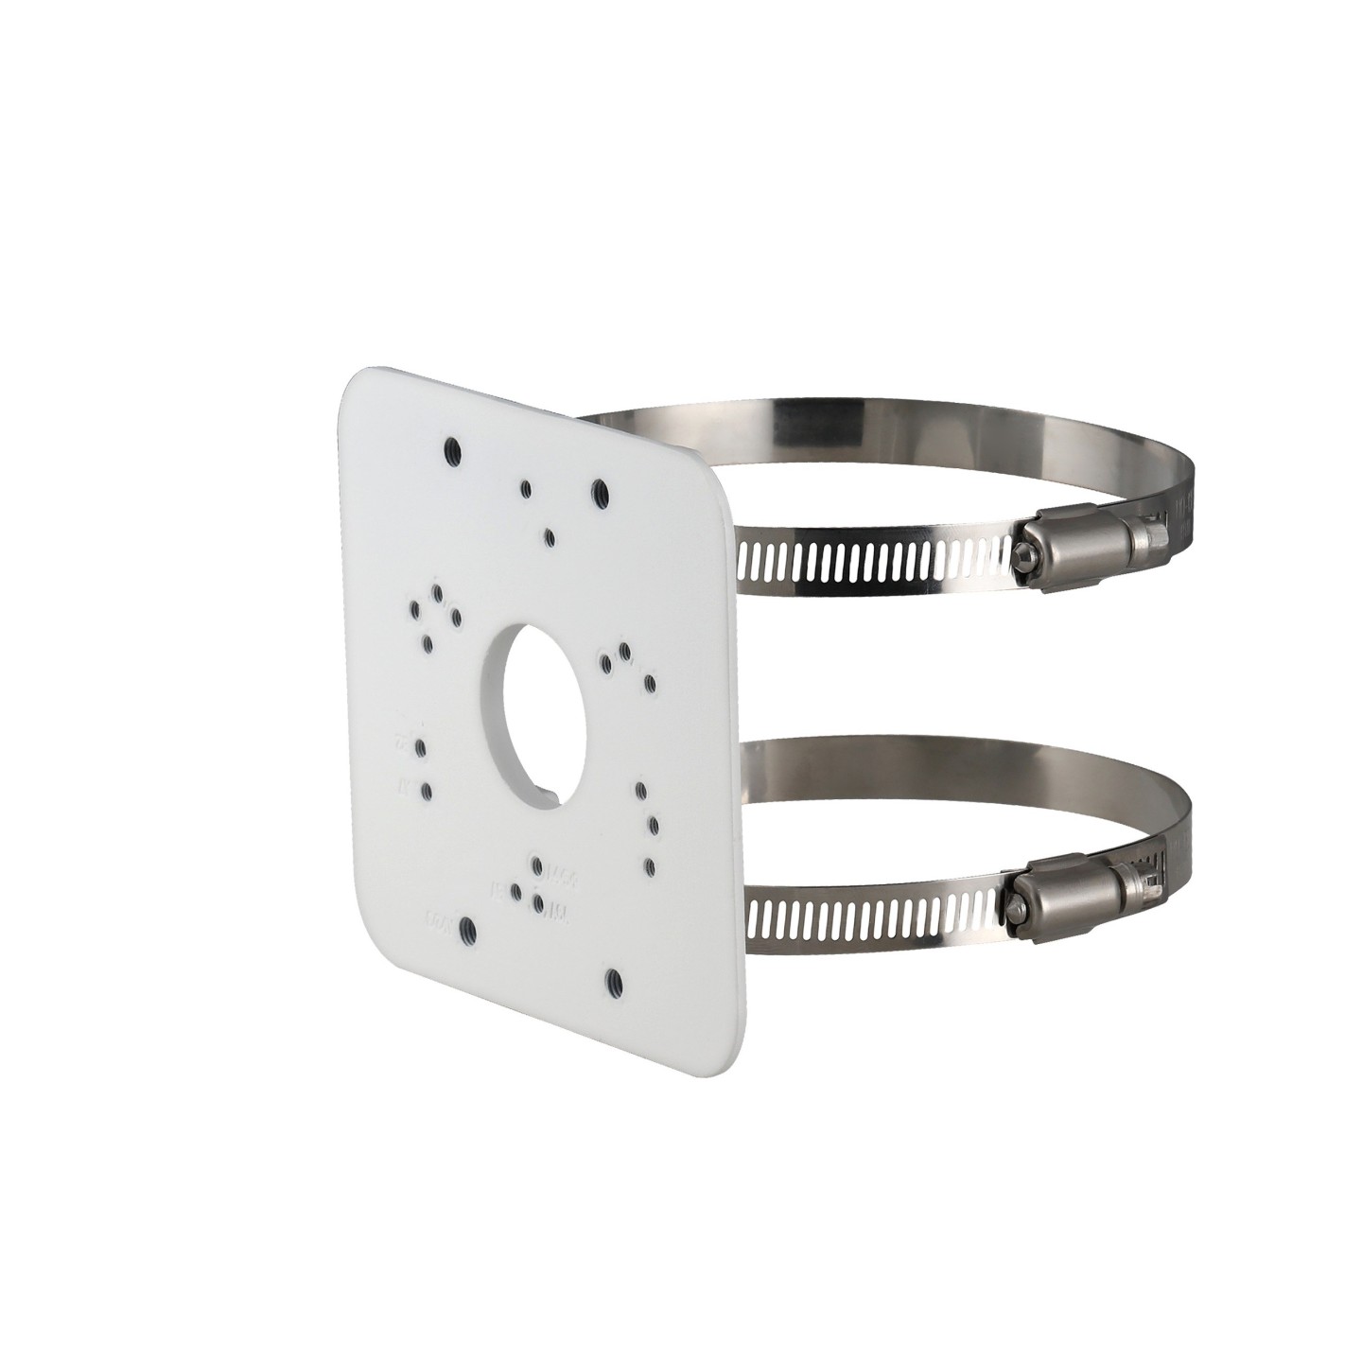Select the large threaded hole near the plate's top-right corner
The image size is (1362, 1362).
[x=599, y=490]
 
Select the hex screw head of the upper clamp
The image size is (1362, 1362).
[x=1023, y=559]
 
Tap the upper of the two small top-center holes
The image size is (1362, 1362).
[x=526, y=488]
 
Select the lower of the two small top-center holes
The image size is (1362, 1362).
[x=550, y=535]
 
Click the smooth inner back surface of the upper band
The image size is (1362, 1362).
[x=851, y=430]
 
